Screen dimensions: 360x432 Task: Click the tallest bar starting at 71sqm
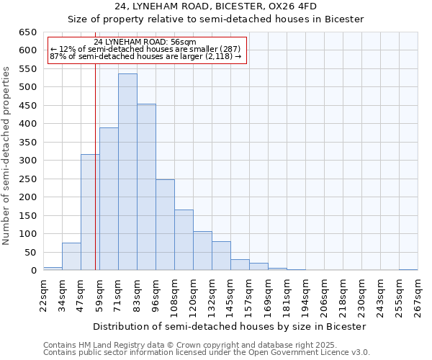[127, 172]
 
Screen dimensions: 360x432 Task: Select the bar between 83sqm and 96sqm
[146, 187]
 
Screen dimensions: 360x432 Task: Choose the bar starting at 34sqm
[71, 256]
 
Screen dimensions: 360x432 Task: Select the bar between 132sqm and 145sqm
[221, 256]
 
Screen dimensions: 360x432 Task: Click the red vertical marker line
[95, 180]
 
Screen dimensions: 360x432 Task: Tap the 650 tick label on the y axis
[27, 32]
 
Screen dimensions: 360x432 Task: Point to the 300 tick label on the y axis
[27, 161]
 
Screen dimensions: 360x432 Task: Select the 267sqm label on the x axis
[418, 296]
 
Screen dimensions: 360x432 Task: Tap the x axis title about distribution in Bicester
[230, 326]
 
